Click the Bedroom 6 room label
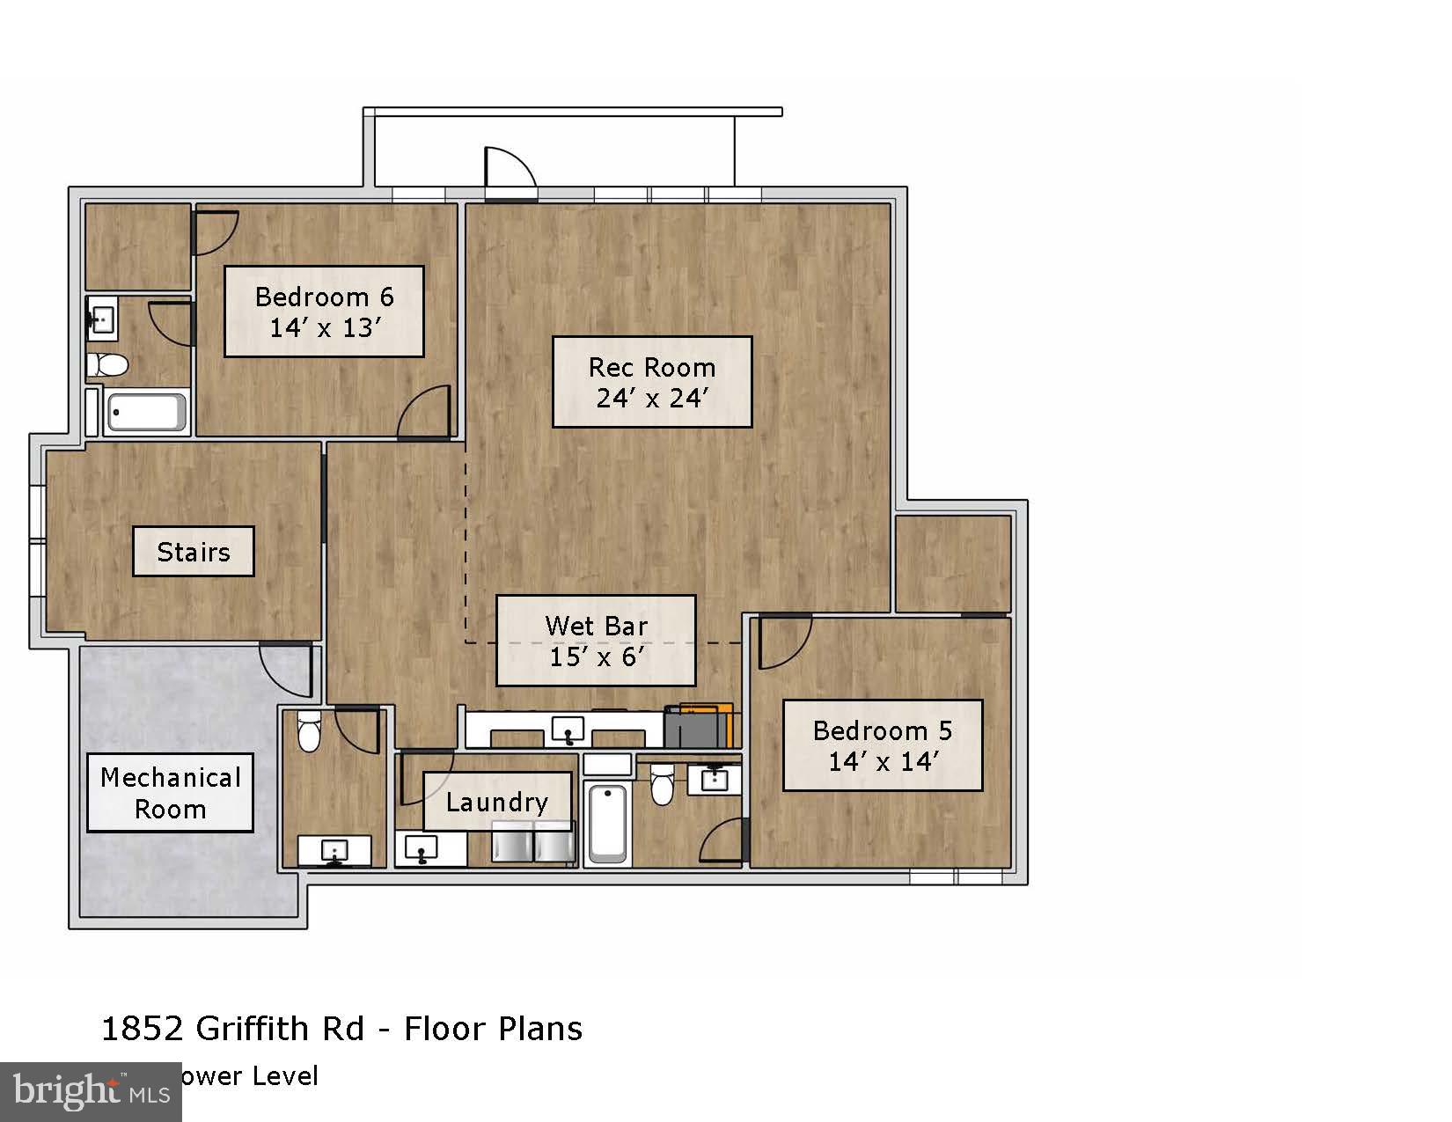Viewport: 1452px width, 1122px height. click(x=324, y=312)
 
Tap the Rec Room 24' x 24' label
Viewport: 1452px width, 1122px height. click(x=652, y=382)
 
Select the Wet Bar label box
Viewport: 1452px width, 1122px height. click(x=596, y=641)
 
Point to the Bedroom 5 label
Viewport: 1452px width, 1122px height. click(x=882, y=745)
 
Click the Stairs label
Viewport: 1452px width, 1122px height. click(x=194, y=552)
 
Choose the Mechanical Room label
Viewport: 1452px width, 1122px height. click(x=170, y=793)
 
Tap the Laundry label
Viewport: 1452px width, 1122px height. click(x=497, y=802)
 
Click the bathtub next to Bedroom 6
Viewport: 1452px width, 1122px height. click(x=146, y=412)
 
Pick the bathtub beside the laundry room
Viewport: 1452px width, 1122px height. click(x=607, y=823)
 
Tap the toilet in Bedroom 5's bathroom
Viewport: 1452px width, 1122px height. click(x=662, y=784)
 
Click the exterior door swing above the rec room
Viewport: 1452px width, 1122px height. click(x=510, y=169)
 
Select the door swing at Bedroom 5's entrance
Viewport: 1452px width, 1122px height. click(x=783, y=642)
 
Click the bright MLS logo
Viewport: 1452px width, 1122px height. click(x=91, y=1091)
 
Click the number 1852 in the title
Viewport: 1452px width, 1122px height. click(x=143, y=1028)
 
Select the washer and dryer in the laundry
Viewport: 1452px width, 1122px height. click(x=532, y=842)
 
